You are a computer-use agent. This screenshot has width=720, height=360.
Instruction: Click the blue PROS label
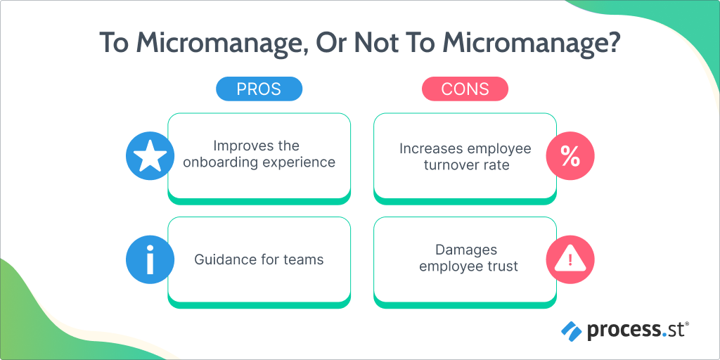(x=259, y=89)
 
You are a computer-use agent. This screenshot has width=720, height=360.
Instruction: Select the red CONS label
(x=465, y=89)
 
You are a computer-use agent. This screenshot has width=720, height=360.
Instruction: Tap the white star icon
(x=150, y=156)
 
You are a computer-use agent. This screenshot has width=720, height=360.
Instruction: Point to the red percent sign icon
(x=570, y=156)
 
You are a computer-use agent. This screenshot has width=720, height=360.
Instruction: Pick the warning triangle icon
(x=570, y=260)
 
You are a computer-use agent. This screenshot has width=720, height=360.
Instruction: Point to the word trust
(x=502, y=266)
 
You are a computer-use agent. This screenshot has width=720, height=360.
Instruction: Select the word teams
(x=306, y=259)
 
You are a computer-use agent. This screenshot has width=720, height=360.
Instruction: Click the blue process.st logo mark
(x=571, y=330)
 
